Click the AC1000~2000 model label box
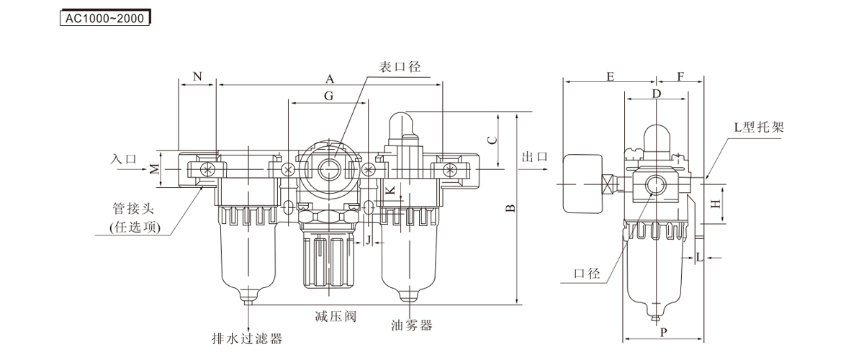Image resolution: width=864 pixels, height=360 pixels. [104, 19]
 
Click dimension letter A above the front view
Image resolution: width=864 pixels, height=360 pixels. [330, 78]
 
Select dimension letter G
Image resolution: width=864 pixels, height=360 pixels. [328, 96]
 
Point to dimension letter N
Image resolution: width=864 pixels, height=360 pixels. [197, 76]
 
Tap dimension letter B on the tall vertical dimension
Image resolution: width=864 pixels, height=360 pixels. [509, 209]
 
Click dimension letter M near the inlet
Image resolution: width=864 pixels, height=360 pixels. [154, 170]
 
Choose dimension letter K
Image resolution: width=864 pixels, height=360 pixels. [390, 191]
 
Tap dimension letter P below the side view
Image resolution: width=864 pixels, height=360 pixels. [663, 332]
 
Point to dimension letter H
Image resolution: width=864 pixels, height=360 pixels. [715, 204]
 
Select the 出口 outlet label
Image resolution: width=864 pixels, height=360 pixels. [534, 157]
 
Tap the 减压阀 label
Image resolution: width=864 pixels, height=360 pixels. [336, 316]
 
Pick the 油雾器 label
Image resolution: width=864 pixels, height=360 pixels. [412, 325]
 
